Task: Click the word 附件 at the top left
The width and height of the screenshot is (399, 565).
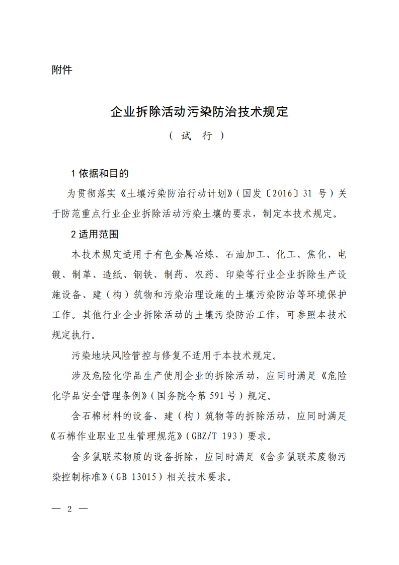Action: [62, 70]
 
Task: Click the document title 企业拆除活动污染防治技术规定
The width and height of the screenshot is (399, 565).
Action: [199, 111]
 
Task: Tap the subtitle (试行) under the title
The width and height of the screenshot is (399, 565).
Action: [196, 136]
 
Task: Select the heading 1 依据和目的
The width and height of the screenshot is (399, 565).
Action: [100, 174]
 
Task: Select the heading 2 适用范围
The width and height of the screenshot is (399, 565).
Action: [95, 234]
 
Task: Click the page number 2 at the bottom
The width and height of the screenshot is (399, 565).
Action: [70, 509]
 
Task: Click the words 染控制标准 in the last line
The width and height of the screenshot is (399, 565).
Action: [75, 476]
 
